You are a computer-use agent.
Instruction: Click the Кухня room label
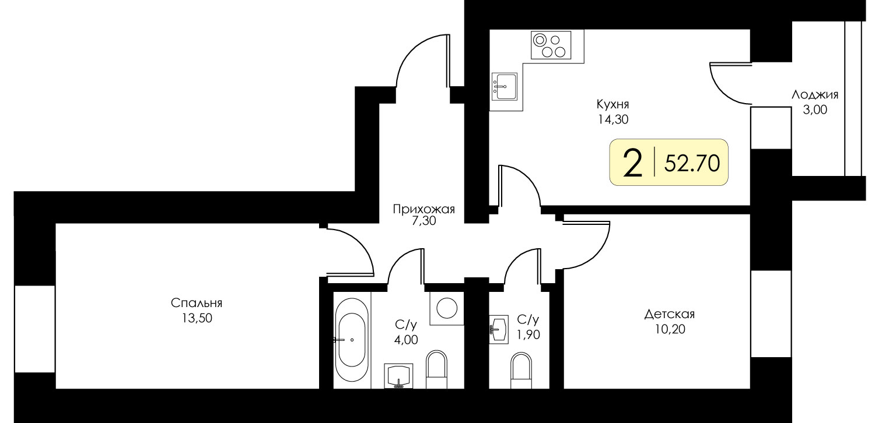612,104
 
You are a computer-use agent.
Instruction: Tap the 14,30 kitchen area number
612,119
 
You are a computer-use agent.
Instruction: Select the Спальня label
197,303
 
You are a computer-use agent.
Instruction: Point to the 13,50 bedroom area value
197,318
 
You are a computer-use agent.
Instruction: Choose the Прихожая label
424,210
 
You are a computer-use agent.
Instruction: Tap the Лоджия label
815,95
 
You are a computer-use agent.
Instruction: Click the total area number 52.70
692,163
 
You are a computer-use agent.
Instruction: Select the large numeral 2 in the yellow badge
633,164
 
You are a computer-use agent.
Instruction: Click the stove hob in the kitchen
551,45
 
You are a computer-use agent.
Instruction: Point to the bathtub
352,340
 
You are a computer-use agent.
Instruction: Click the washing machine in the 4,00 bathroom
447,308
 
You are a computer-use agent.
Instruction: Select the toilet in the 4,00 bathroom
436,369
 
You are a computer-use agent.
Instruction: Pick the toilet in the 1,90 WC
521,371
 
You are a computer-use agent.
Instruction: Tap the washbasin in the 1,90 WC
499,329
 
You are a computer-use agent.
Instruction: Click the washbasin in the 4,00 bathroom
398,376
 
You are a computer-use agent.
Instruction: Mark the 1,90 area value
528,334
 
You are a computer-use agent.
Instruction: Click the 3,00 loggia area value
815,110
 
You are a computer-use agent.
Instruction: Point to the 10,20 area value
670,330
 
